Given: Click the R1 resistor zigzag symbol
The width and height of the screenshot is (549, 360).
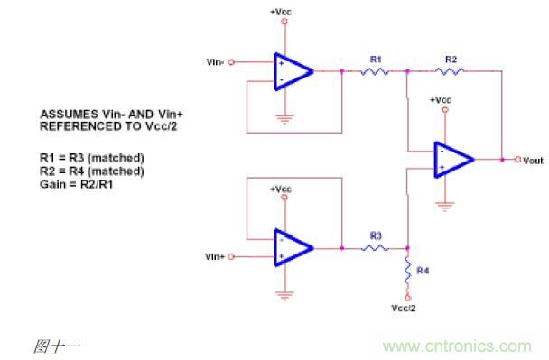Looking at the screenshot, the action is [375, 71].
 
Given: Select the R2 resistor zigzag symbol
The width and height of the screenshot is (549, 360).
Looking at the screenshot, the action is [450, 71].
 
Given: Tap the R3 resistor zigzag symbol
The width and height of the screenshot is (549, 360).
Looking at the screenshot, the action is [375, 248].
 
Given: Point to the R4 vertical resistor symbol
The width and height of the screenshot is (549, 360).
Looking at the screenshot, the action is [407, 270].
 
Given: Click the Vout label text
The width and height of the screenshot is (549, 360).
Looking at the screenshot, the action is [533, 161].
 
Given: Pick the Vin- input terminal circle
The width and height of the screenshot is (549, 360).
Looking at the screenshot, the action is [231, 62].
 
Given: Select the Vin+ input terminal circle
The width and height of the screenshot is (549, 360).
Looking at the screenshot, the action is [231, 256].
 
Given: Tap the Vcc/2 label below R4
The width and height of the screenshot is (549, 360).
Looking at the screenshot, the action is [404, 309].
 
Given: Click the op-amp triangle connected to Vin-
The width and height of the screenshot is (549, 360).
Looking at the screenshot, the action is [293, 71].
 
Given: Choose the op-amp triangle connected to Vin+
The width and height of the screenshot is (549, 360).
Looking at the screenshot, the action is [293, 248].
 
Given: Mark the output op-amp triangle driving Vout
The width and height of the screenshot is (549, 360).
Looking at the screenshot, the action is [453, 160].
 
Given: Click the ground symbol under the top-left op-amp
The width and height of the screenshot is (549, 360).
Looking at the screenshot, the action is [284, 119].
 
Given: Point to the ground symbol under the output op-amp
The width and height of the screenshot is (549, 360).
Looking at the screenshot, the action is [444, 207].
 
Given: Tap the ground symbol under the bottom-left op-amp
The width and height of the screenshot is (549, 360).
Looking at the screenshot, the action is [284, 295].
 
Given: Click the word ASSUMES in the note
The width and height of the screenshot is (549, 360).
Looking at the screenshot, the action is [70, 115].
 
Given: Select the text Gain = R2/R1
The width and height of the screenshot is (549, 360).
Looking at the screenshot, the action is [77, 184].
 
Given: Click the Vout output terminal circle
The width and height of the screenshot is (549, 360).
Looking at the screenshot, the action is [517, 160].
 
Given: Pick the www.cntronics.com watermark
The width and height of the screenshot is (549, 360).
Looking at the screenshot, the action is [457, 346].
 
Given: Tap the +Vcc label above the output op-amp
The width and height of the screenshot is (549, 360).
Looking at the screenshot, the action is [441, 100].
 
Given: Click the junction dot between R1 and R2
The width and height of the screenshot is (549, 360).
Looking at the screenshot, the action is [407, 71].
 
